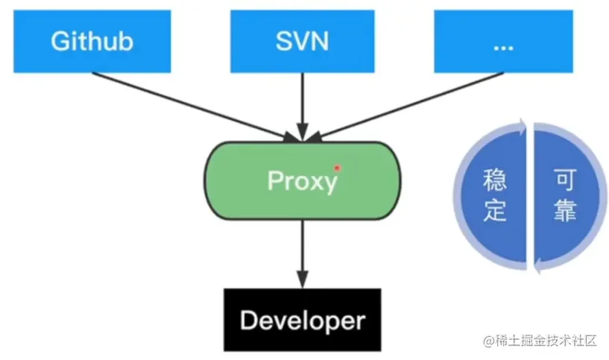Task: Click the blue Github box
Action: [x=91, y=42]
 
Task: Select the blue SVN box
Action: [x=302, y=42]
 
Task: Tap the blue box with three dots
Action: [x=503, y=42]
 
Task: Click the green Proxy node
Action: [x=302, y=180]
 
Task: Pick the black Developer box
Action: [x=302, y=320]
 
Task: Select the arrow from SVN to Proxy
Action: [x=302, y=104]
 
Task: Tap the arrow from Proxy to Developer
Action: [x=302, y=253]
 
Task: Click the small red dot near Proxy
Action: [x=337, y=168]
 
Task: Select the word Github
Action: [x=91, y=42]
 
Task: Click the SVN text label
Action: [x=302, y=42]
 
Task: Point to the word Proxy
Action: [x=302, y=181]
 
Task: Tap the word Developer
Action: [x=302, y=321]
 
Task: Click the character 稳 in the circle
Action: [x=495, y=180]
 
